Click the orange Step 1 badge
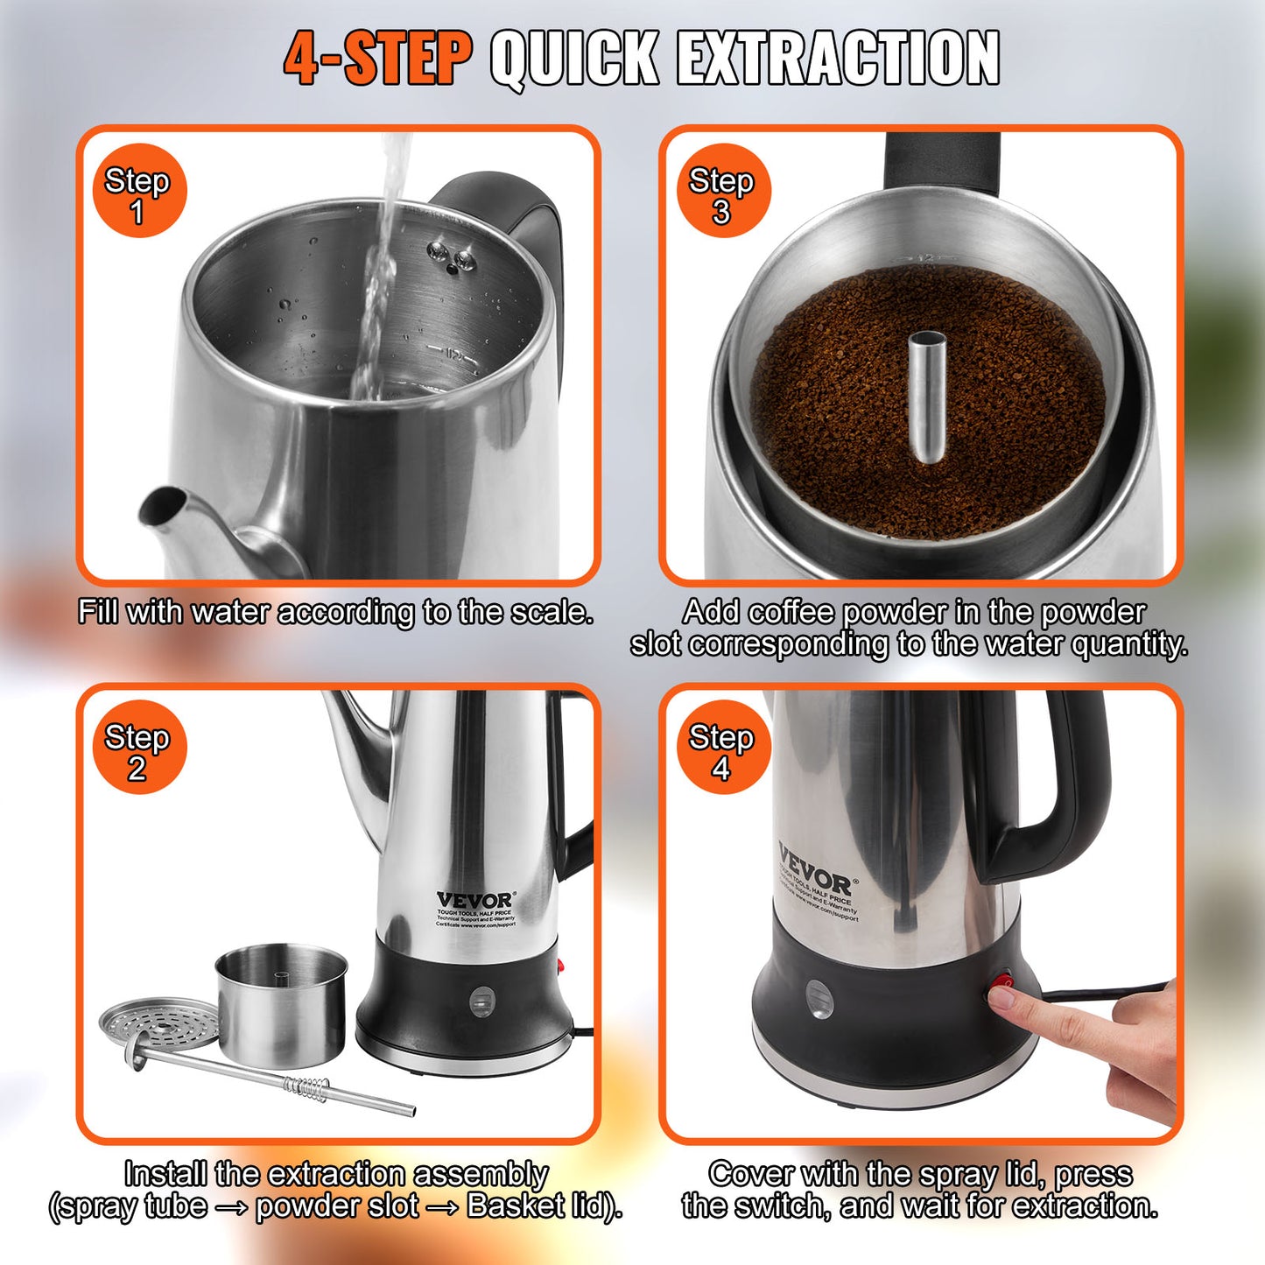coord(139,191)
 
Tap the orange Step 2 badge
coord(139,748)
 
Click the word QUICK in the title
coord(574,59)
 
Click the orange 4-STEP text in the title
coord(377,59)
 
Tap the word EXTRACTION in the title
coord(838,59)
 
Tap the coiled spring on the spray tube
coord(306,1088)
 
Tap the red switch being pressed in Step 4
coord(1001,984)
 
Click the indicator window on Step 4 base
coord(819,999)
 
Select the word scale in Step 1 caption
coord(549,612)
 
